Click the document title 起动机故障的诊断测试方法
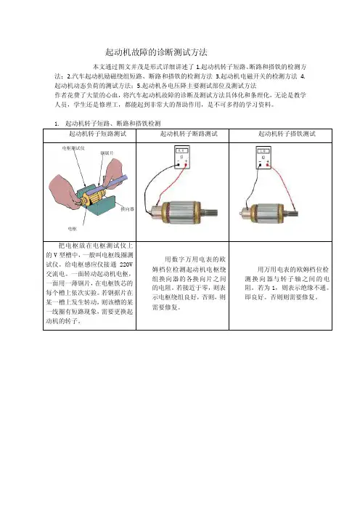[156, 52]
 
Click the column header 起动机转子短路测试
[97, 134]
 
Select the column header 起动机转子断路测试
[189, 134]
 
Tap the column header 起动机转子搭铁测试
[287, 134]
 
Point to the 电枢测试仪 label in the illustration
[73, 148]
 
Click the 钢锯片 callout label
[107, 153]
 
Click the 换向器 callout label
[127, 209]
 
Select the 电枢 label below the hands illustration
[72, 229]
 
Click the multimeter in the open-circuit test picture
[182, 158]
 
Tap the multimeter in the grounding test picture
[263, 158]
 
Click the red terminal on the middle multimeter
[186, 165]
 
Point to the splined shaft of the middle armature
[211, 214]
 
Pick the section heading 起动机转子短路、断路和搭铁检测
[113, 124]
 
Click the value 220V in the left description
[126, 264]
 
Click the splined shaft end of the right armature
[292, 214]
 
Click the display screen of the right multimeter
[263, 151]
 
